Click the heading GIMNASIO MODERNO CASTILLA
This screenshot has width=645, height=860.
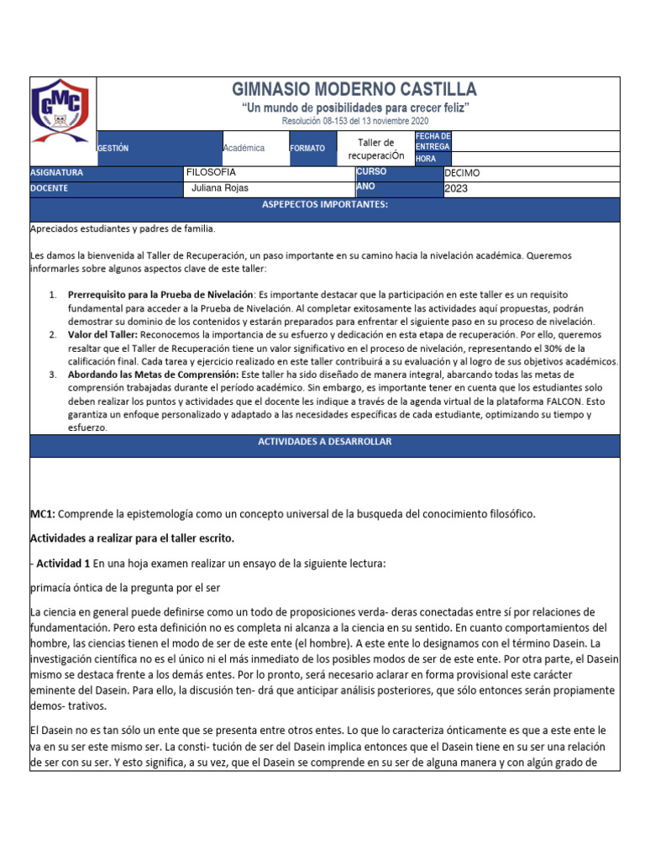354,90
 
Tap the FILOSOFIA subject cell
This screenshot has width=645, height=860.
211,172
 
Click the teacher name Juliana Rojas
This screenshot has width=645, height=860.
221,188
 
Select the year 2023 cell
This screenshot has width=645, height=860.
457,189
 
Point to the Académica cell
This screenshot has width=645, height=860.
244,148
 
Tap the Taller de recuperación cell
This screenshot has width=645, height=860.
375,149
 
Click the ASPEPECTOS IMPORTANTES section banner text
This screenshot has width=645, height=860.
325,204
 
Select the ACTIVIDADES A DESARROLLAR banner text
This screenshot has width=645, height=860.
324,442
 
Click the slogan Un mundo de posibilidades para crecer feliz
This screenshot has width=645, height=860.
354,109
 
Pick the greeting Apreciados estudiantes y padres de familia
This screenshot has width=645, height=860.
123,228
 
